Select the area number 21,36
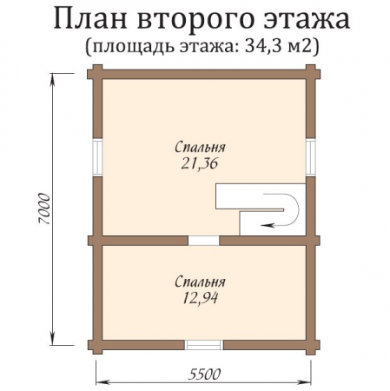point(195,164)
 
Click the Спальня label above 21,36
point(195,148)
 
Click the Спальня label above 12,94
point(199,282)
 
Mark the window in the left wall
point(98,157)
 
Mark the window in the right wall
point(311,157)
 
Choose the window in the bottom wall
point(204,345)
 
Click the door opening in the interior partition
point(204,240)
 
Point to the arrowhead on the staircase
point(265,223)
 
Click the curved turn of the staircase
point(292,209)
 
